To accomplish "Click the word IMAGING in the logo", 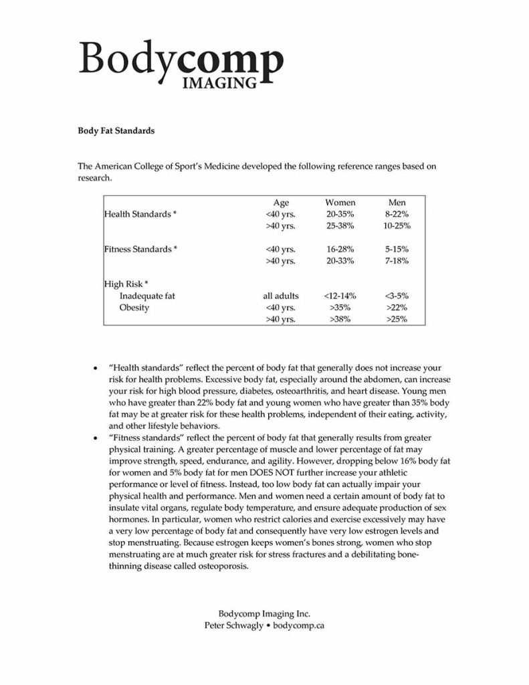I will pos(220,83).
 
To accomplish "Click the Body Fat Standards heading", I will pos(116,131).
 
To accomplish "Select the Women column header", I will pos(340,202).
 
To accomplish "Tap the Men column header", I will pos(397,202).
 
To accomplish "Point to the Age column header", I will pos(281,202).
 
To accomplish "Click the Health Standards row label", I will pos(140,214).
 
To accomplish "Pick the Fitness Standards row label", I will pos(140,249).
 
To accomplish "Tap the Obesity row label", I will pos(134,308).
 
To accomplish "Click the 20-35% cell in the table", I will pos(340,214).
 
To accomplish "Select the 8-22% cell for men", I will pos(397,214).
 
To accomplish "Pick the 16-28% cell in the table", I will pos(340,249).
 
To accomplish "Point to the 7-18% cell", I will pos(397,261).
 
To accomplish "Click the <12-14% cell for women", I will pos(340,296).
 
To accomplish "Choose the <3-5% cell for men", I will pos(397,296).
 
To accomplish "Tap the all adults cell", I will pos(281,296).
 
